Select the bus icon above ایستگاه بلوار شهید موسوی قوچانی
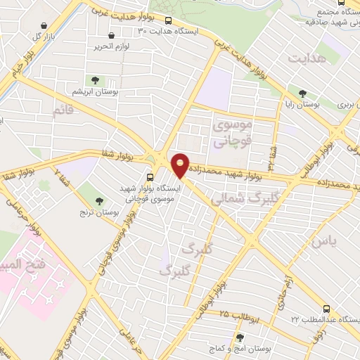[x=150, y=177]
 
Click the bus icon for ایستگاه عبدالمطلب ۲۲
[x=326, y=308]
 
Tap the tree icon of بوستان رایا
[x=302, y=93]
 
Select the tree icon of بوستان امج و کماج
[x=240, y=338]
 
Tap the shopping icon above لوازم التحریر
[x=112, y=36]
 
